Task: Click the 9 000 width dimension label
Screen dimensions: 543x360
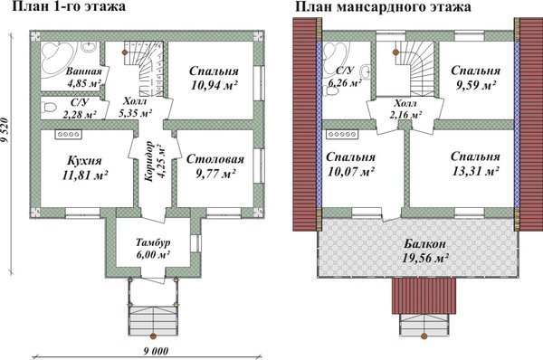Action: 156,351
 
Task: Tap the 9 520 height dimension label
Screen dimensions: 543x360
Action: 5,130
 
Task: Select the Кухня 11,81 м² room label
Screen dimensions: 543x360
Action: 84,168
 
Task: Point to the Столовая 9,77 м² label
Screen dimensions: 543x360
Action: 215,166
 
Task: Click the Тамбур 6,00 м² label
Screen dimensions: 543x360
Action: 153,249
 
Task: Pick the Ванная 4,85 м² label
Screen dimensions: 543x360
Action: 84,77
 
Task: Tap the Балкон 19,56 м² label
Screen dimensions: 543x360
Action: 425,251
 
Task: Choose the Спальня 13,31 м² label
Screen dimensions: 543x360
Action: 475,164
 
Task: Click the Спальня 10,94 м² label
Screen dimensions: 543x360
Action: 214,78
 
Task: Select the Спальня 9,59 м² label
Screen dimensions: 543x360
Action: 475,78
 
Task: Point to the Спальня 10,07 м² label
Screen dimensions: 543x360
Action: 350,164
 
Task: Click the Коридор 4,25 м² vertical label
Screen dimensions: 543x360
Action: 155,161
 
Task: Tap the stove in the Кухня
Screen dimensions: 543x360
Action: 68,135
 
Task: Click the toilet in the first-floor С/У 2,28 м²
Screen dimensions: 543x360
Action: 48,107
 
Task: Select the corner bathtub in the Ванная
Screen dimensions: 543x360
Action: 58,58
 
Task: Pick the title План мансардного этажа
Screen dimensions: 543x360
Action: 383,6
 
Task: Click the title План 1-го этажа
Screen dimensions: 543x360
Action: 69,6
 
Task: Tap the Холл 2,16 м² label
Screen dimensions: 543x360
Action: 405,109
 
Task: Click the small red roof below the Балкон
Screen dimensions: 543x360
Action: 424,295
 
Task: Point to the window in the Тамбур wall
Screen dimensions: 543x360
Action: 195,243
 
